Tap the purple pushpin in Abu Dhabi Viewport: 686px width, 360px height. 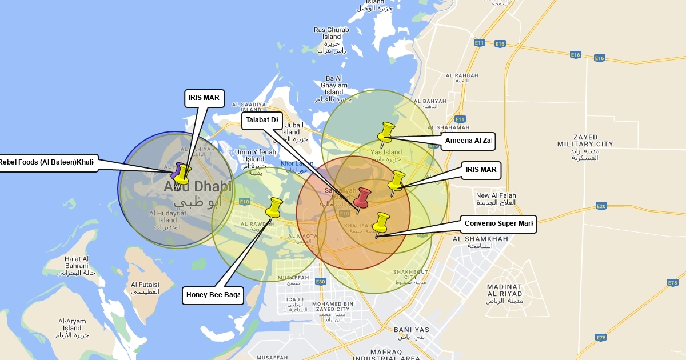177,170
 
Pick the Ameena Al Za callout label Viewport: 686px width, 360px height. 468,141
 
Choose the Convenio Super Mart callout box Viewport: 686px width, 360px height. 498,224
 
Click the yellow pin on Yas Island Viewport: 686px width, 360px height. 386,132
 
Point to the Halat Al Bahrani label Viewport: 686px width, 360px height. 77,266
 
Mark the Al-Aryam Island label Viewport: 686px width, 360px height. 72,328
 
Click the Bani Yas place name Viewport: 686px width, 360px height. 411,333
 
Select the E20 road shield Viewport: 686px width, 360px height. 600,206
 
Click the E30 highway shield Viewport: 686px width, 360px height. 321,282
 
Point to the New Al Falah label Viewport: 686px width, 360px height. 496,199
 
